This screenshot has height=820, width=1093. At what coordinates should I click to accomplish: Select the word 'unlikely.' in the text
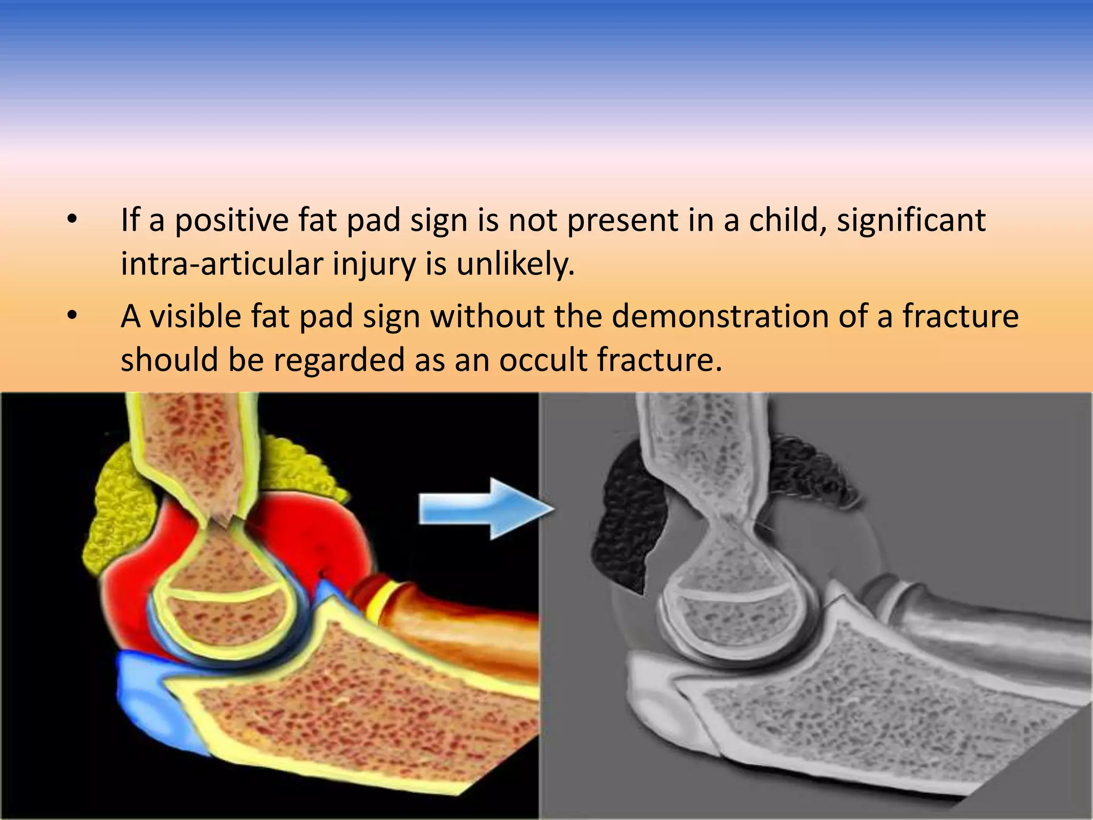[x=515, y=264]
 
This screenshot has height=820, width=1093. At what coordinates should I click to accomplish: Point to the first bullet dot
[x=73, y=219]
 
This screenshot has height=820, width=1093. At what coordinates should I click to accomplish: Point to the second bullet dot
[x=73, y=316]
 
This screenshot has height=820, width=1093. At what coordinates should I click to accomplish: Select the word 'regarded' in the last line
[x=339, y=359]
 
